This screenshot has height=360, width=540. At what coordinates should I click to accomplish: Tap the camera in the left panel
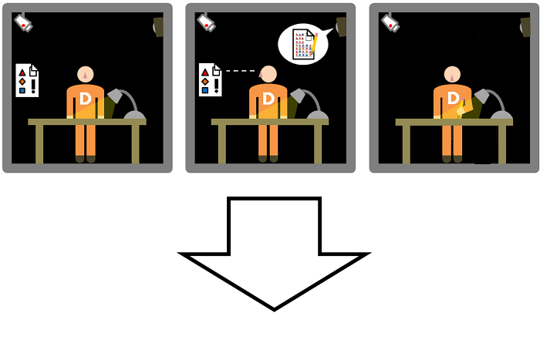point(23,23)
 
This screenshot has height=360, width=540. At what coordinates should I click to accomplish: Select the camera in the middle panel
point(206,22)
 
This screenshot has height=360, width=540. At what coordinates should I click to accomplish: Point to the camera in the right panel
point(390,22)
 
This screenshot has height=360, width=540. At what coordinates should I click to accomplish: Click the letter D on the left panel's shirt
point(86,99)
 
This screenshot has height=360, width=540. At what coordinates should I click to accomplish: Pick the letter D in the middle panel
point(268,99)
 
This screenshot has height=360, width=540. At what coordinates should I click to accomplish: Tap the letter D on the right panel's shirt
point(453,99)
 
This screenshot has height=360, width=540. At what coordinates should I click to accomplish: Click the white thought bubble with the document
point(303,44)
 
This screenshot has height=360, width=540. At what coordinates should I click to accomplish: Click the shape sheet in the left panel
point(26,80)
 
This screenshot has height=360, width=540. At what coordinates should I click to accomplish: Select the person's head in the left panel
point(86,75)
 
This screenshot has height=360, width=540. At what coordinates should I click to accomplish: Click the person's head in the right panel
point(453,75)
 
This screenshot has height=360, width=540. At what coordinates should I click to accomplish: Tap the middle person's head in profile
point(268,75)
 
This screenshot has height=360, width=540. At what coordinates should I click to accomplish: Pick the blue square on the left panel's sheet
point(22,90)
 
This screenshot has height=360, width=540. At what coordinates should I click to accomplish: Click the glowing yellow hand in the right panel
point(461,111)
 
